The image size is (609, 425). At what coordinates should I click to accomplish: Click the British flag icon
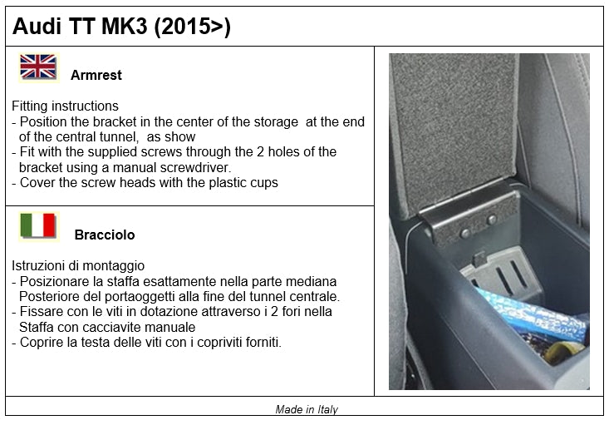pos(37,67)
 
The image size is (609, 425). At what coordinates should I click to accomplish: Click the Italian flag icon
pos(37,226)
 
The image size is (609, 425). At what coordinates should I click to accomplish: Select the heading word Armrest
pos(96,75)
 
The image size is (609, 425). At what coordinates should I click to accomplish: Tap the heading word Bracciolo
pos(104,235)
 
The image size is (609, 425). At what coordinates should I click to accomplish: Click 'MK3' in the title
pos(123,27)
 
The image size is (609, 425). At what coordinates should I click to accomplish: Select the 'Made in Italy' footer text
pos(307,409)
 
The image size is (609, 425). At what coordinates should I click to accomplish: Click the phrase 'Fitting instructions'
pos(65,106)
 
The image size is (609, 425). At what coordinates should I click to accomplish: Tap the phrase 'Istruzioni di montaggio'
pos(78,266)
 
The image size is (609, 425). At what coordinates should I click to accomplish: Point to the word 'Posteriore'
pos(50,297)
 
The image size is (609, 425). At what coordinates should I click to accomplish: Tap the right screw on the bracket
pos(491,220)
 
